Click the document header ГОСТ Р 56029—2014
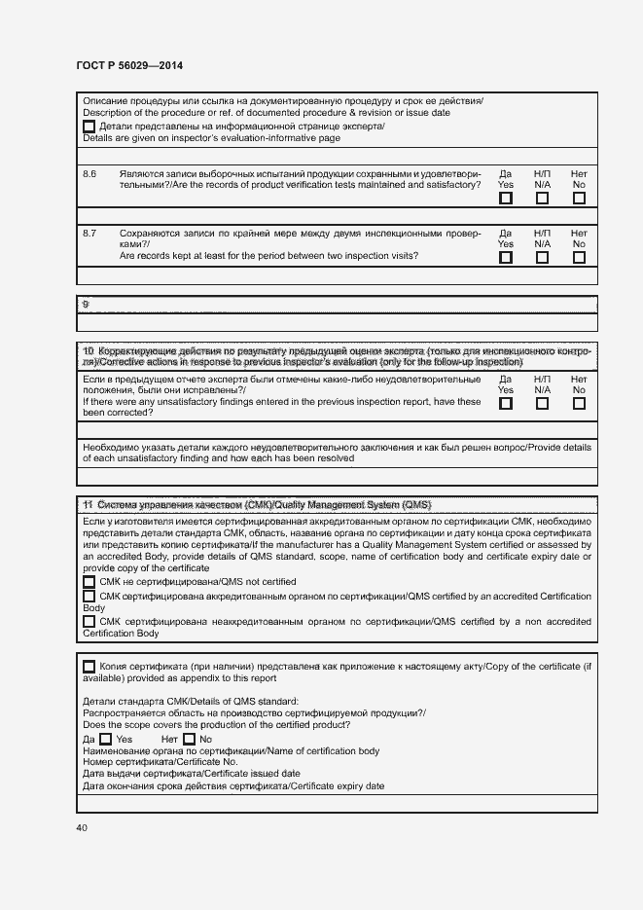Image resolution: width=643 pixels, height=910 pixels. pyautogui.click(x=128, y=66)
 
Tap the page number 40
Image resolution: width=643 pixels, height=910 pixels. pyautogui.click(x=82, y=828)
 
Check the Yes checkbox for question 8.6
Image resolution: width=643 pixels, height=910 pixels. pyautogui.click(x=506, y=199)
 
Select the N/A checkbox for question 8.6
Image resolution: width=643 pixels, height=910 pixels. pyautogui.click(x=542, y=199)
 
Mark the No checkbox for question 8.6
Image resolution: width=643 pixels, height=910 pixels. pyautogui.click(x=579, y=199)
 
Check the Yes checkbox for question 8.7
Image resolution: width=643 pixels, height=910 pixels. pyautogui.click(x=506, y=258)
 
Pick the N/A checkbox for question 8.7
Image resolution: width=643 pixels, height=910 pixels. pyautogui.click(x=542, y=258)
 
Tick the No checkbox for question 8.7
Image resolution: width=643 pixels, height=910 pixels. pyautogui.click(x=579, y=258)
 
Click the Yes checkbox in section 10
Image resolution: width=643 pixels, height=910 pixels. pyautogui.click(x=506, y=403)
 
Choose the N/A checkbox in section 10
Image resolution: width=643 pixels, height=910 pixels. pyautogui.click(x=542, y=403)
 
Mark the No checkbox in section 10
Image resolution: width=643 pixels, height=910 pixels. pyautogui.click(x=579, y=403)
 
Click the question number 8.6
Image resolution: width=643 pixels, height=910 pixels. pyautogui.click(x=89, y=173)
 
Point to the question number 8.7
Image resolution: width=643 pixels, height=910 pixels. pyautogui.click(x=89, y=233)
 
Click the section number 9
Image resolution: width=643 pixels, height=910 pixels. pyautogui.click(x=86, y=305)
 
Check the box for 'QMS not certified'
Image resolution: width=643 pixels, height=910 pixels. pyautogui.click(x=89, y=581)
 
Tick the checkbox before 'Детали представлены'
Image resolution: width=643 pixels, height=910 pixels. pyautogui.click(x=89, y=127)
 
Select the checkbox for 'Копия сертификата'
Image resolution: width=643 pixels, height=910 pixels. pyautogui.click(x=89, y=667)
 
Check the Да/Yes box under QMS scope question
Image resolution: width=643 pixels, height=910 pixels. pyautogui.click(x=106, y=740)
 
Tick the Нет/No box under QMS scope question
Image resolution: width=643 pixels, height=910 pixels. pyautogui.click(x=189, y=740)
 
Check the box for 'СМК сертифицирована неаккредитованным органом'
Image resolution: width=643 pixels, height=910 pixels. pyautogui.click(x=89, y=621)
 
